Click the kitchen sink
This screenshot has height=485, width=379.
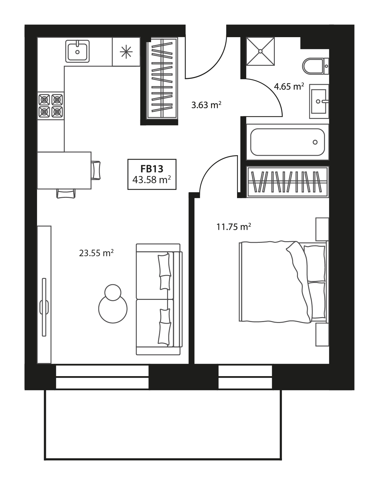point(77,51)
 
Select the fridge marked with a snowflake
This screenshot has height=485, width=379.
point(126,51)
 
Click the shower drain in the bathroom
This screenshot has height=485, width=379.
point(260,51)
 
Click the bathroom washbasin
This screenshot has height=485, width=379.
point(319,101)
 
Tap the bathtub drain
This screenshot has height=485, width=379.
point(315,142)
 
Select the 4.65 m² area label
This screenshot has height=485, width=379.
point(289,86)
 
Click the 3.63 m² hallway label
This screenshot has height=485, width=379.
point(206,105)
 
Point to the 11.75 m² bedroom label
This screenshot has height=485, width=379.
point(234,227)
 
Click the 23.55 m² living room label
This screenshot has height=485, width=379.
point(96,253)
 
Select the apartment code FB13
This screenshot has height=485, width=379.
point(152,169)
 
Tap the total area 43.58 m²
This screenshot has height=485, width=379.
point(152,180)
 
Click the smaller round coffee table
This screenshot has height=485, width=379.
point(113,292)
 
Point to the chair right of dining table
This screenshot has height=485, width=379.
point(96,170)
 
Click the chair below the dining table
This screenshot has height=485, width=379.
point(66,193)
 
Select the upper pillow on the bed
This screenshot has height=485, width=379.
point(314,263)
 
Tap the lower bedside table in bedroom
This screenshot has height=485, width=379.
point(322,334)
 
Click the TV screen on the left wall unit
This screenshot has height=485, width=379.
point(44,307)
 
